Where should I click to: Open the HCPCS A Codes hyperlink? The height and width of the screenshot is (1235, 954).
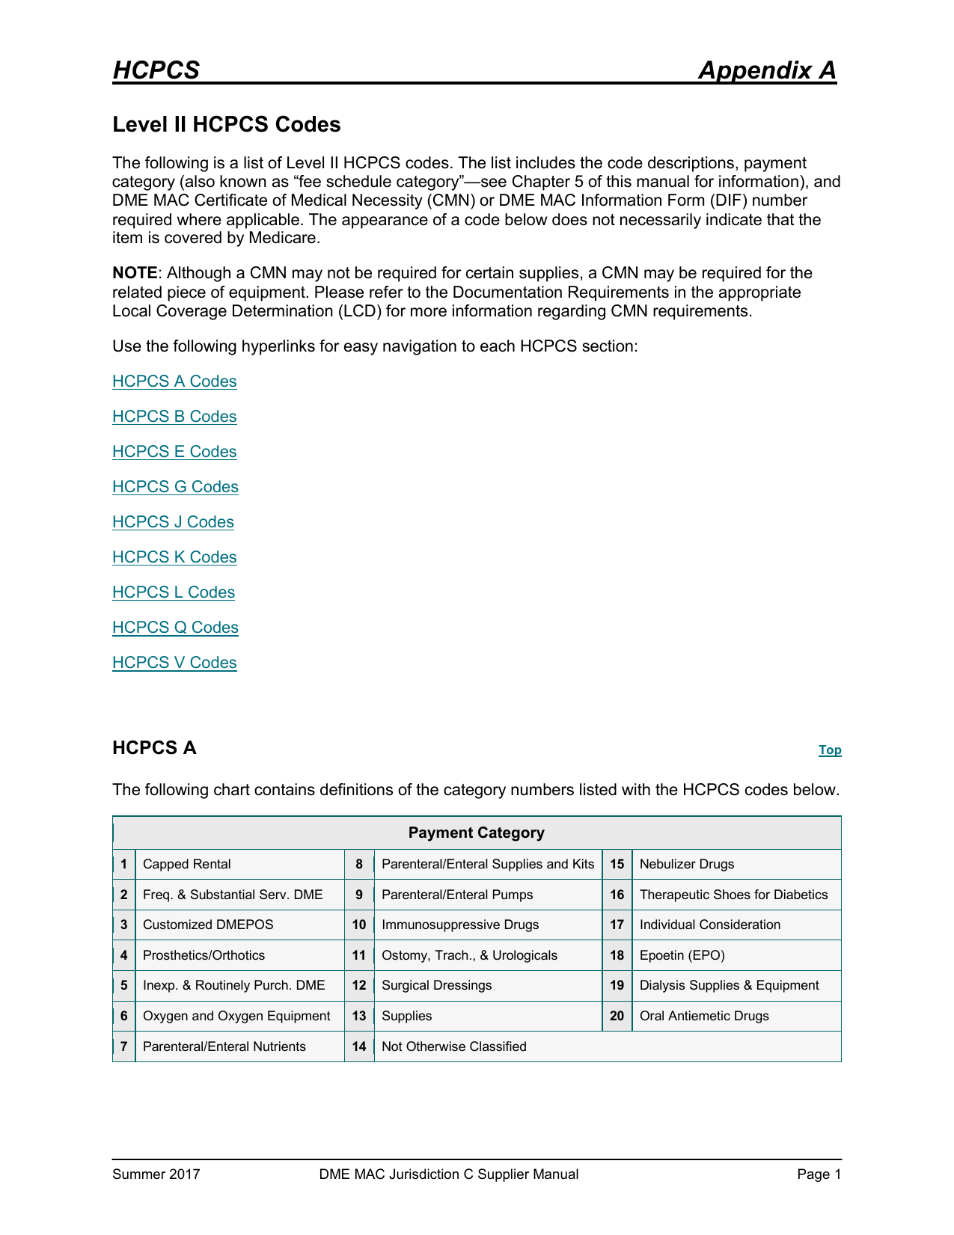click(174, 381)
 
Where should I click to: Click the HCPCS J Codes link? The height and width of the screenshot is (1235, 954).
click(173, 522)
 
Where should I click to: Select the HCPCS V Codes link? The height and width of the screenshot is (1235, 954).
click(174, 663)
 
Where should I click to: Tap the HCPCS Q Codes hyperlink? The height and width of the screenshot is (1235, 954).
click(175, 628)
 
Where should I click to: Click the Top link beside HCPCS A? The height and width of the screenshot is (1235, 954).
click(829, 750)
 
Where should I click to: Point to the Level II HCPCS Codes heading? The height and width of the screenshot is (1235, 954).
click(226, 124)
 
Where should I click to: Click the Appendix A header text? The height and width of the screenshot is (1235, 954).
click(766, 70)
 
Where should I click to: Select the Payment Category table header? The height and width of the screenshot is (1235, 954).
click(476, 833)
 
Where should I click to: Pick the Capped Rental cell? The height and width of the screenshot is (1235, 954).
click(187, 865)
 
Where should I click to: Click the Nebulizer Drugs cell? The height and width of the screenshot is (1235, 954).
click(686, 865)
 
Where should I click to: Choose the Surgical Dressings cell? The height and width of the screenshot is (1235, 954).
click(436, 986)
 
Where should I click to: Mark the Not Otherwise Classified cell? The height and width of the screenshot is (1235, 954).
click(453, 1046)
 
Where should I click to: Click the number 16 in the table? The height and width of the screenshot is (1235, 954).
click(617, 895)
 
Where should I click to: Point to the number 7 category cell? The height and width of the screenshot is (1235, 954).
click(123, 1046)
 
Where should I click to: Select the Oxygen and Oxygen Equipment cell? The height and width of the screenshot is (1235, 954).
click(236, 1016)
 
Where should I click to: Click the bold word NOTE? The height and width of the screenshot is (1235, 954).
click(135, 273)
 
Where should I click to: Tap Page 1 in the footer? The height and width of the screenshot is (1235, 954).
click(819, 1174)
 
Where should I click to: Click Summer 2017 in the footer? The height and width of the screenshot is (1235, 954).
click(156, 1174)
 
